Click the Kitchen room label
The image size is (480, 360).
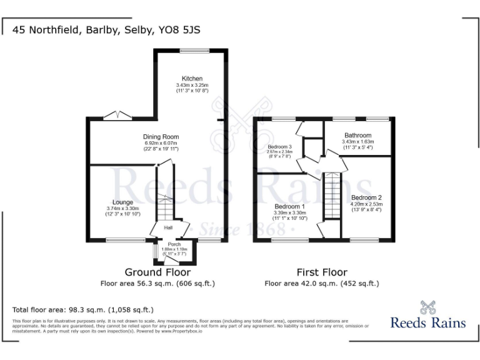coord(192,79)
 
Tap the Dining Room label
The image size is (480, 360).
coord(161,137)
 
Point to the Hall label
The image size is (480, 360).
coord(168,227)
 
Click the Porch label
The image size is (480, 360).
coord(174,244)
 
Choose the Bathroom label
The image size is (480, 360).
coord(357,135)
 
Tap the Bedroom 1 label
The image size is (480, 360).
coord(289,206)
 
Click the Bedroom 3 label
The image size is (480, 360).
coord(279,146)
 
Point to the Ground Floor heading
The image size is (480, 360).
coord(157,272)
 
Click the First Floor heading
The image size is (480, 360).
coord(322,272)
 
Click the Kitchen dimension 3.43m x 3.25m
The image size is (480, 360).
coord(192,85)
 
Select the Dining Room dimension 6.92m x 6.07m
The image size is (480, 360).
coord(161,143)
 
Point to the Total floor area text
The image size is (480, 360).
coord(83,310)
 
